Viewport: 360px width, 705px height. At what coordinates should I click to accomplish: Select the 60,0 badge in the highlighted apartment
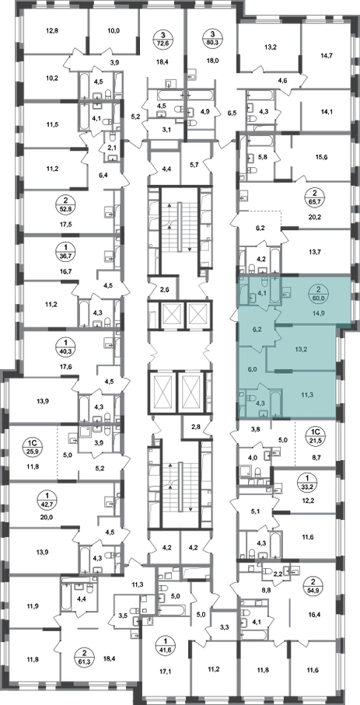[318, 294]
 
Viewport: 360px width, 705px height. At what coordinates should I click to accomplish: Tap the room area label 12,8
[52, 30]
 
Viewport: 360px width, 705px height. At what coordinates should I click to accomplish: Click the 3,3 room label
[224, 624]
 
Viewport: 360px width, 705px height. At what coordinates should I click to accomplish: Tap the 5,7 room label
[195, 165]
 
